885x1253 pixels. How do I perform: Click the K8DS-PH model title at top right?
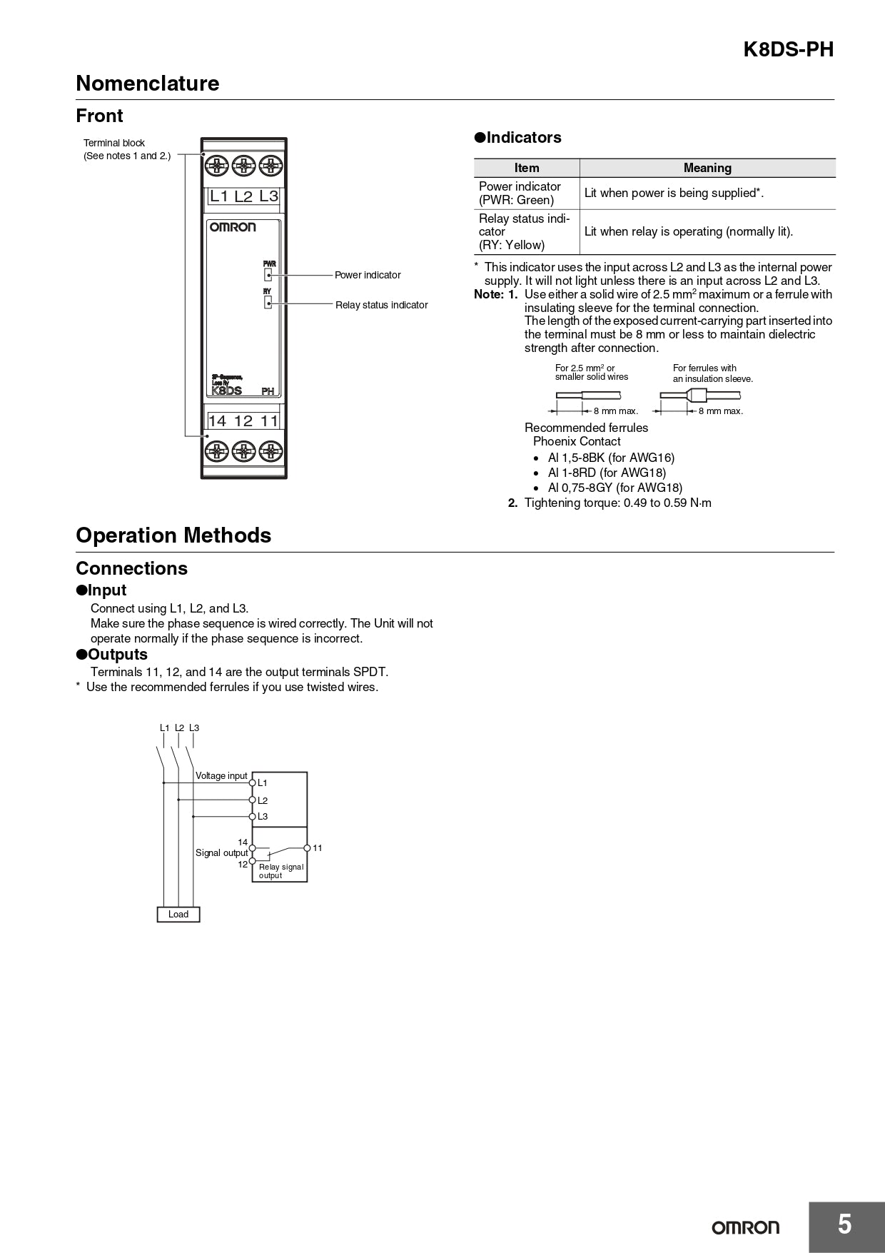click(788, 49)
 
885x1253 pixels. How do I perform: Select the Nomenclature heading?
click(147, 84)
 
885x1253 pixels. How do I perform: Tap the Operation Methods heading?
click(173, 535)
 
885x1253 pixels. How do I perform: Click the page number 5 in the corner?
click(844, 1224)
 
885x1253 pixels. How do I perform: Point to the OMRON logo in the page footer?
click(745, 1227)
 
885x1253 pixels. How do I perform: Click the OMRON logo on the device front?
click(232, 227)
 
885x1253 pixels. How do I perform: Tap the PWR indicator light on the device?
click(268, 275)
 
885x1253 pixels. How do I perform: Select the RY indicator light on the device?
click(268, 303)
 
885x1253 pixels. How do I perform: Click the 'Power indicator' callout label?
click(368, 275)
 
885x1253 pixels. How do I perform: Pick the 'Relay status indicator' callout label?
click(381, 305)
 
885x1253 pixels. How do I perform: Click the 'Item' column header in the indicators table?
click(527, 168)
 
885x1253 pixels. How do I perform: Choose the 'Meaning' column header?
click(707, 168)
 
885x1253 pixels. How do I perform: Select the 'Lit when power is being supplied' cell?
click(674, 193)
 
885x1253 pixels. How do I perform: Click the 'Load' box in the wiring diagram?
click(178, 915)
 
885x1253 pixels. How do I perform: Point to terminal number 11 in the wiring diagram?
click(318, 848)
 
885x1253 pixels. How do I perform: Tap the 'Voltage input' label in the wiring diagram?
click(221, 776)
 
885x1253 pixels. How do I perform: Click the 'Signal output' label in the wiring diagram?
click(221, 853)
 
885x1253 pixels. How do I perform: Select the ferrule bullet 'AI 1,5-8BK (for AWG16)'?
click(611, 458)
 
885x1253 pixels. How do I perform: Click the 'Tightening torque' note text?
click(617, 503)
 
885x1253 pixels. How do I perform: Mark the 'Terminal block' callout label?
click(114, 143)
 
